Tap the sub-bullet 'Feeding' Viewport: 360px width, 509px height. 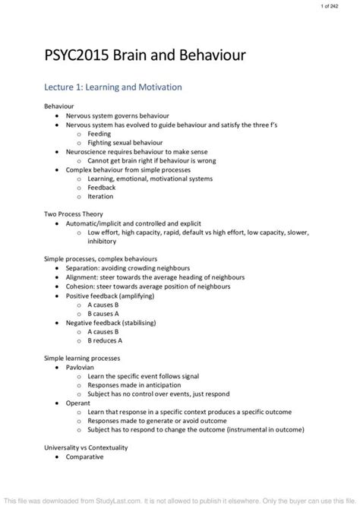(99, 133)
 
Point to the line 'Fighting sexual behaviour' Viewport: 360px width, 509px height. (122, 141)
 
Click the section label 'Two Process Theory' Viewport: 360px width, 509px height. (73, 214)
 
